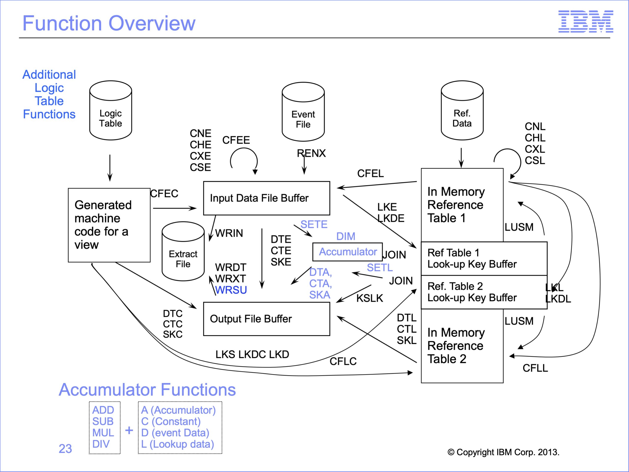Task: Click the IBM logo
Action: click(586, 21)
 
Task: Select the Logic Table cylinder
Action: click(111, 110)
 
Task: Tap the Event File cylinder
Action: click(303, 112)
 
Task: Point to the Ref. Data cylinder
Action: click(462, 110)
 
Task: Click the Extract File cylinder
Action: click(183, 251)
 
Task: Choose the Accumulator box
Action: click(347, 252)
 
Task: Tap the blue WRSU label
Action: click(231, 290)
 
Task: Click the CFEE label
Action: click(236, 140)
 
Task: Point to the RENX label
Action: click(311, 153)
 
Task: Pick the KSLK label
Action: click(370, 298)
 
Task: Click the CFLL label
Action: click(535, 368)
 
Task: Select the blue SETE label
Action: click(314, 224)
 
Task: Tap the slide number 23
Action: click(65, 449)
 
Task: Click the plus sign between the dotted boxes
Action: click(129, 430)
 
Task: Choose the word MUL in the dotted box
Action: click(103, 433)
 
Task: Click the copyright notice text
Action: click(503, 452)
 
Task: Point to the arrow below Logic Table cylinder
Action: click(110, 168)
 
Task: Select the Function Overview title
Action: click(109, 23)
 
